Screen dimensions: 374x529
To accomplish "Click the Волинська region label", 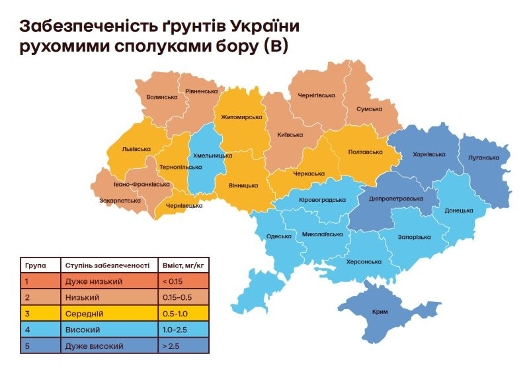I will [x=162, y=97].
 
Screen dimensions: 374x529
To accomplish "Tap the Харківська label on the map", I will [x=428, y=154].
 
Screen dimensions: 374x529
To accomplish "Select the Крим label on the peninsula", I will [x=380, y=312].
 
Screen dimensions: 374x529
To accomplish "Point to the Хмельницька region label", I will [x=212, y=156].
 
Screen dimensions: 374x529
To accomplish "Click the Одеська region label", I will [x=278, y=236].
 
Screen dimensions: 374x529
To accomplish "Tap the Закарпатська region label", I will [x=120, y=200].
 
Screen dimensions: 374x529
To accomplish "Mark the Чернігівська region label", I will [x=317, y=95].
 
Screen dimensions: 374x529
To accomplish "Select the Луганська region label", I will [x=483, y=158].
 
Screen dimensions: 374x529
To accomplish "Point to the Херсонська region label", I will [x=364, y=261].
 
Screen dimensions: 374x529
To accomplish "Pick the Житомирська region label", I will [x=241, y=117].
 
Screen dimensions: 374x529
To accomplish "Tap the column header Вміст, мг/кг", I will [x=183, y=265].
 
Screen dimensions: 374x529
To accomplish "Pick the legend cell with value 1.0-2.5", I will [x=175, y=329].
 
